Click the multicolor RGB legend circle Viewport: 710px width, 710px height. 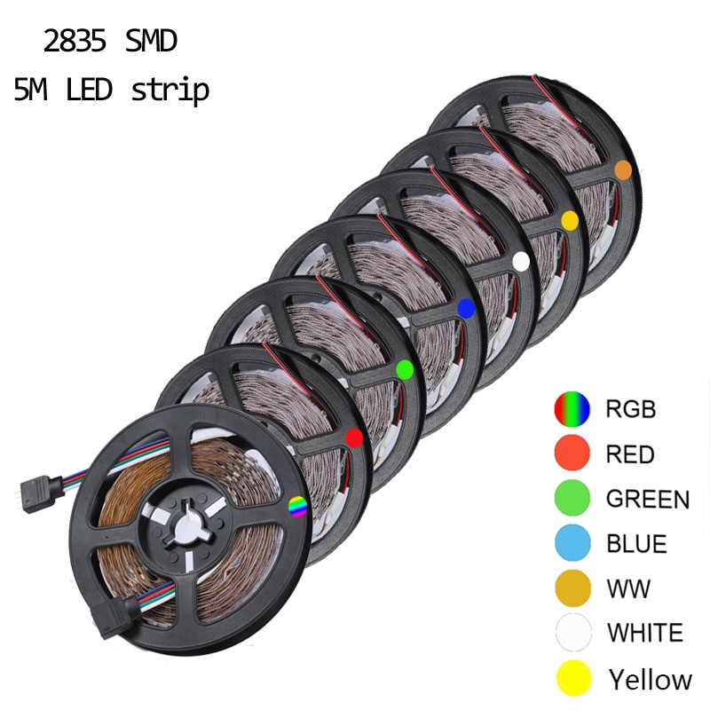point(572,409)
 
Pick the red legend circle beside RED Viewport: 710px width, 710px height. point(572,454)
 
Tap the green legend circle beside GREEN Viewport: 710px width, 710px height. point(572,499)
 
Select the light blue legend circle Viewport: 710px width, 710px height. point(572,543)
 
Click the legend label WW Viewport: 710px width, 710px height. point(628,588)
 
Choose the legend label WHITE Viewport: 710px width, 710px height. point(645,634)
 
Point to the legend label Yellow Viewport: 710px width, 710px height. point(650,680)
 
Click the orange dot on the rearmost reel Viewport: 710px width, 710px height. point(623,169)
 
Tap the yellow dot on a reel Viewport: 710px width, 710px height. point(570,218)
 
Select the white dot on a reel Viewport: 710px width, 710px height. point(522,260)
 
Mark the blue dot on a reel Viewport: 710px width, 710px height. point(465,307)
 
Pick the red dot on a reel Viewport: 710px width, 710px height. point(353,437)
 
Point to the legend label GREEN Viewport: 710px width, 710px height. point(647,499)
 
